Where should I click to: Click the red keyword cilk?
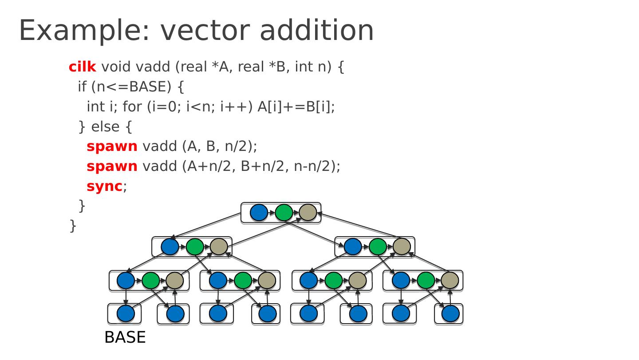tap(82, 67)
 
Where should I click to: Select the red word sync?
tap(104, 186)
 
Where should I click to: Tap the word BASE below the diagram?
tap(125, 337)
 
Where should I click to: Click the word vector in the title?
tap(205, 31)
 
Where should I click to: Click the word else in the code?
tap(105, 127)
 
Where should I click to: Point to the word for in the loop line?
tap(132, 107)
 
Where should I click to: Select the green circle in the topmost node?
tap(284, 213)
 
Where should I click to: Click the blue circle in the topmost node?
tap(259, 213)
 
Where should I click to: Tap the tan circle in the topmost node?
tap(308, 213)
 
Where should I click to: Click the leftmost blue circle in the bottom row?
tap(126, 313)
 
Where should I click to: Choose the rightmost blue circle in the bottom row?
tap(450, 313)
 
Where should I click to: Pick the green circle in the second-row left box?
tap(195, 247)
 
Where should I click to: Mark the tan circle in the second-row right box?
tap(402, 247)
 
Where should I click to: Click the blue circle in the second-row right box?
tap(353, 247)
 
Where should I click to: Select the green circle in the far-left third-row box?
tap(150, 281)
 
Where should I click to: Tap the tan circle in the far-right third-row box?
tap(450, 281)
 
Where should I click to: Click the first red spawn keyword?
tap(112, 146)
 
